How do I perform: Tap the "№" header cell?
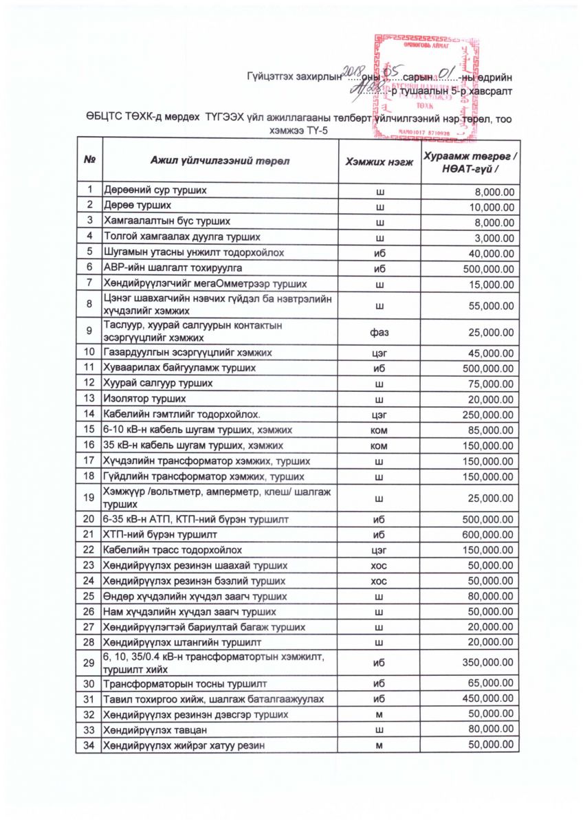coord(89,161)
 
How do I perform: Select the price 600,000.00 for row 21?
coord(491,534)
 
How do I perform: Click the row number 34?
coord(89,745)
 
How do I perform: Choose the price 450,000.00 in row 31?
coord(491,700)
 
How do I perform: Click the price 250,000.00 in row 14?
coord(491,414)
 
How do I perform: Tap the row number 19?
coord(89,497)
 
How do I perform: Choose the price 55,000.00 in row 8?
coord(494,307)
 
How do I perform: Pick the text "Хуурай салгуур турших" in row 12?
coord(159,384)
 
